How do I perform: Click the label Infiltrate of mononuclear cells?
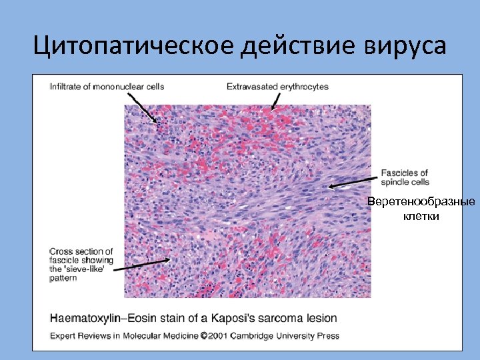pyautogui.click(x=107, y=87)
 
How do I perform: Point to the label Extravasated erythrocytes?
pyautogui.click(x=277, y=87)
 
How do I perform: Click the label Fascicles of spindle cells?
pyautogui.click(x=405, y=177)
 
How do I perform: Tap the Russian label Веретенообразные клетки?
pyautogui.click(x=421, y=209)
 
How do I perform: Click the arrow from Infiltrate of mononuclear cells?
pyautogui.click(x=143, y=107)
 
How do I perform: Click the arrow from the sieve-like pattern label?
pyautogui.click(x=140, y=265)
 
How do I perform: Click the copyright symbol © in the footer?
pyautogui.click(x=205, y=336)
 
